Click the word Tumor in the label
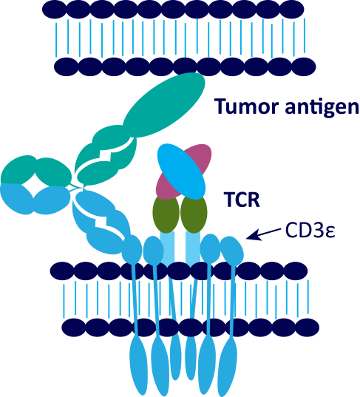point(247,106)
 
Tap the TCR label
point(242,200)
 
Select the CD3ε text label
point(310,230)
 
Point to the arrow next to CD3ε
point(264,234)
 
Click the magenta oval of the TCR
point(184,172)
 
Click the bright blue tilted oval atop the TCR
point(181,172)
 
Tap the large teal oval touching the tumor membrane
point(164,105)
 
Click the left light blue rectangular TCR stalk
point(167,248)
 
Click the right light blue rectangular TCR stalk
point(193,248)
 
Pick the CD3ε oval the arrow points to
point(232,251)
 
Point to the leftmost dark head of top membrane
point(54,10)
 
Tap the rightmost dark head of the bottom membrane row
point(308,328)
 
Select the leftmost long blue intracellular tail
point(138,365)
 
